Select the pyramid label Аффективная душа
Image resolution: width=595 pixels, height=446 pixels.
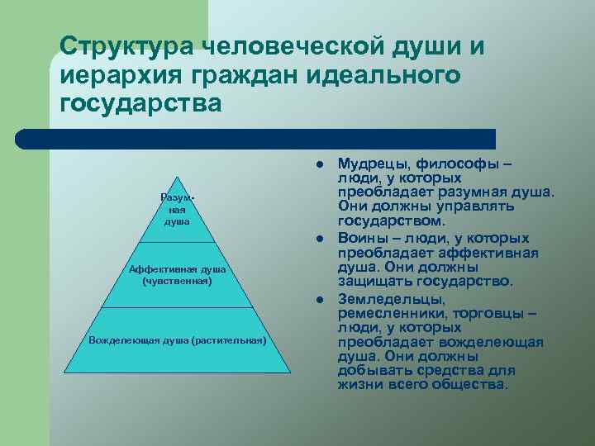coord(177,270)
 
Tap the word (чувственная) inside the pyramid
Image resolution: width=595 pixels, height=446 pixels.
coord(177,281)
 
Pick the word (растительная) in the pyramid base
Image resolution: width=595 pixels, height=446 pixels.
coord(228,340)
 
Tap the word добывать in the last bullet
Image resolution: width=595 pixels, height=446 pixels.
coord(371,372)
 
